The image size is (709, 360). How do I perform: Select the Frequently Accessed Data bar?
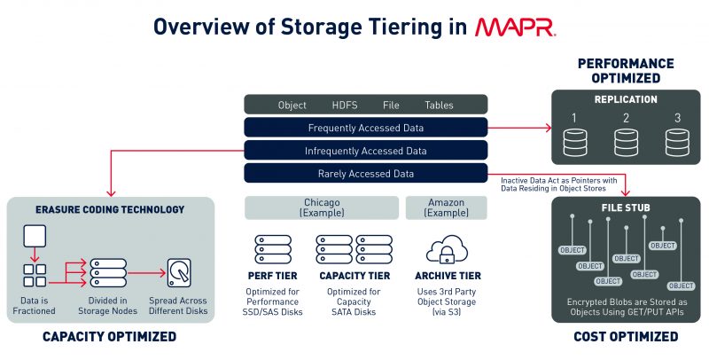point(365,128)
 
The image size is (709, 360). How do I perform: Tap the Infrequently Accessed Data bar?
point(365,151)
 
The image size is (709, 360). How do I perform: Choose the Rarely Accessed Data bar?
point(365,174)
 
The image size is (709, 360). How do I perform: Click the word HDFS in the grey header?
point(344,105)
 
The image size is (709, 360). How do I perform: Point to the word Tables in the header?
point(439,105)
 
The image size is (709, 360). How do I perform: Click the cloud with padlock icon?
point(447,251)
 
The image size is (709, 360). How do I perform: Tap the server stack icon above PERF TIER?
point(273,249)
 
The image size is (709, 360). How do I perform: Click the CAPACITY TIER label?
point(354,277)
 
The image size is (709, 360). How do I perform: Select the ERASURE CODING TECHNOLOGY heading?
point(110,210)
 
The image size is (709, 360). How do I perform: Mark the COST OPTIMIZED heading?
point(626,336)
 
